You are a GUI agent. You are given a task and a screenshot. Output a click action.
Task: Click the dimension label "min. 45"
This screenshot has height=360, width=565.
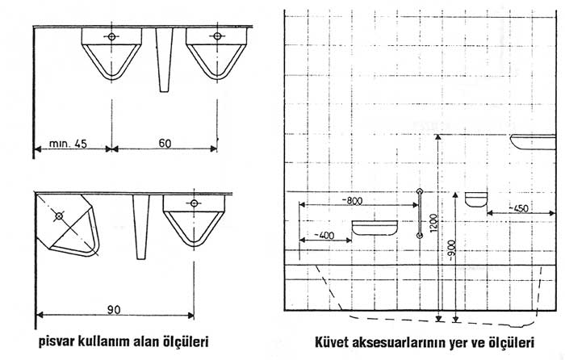pos(68,144)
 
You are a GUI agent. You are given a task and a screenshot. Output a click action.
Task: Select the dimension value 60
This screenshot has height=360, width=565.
pos(165,143)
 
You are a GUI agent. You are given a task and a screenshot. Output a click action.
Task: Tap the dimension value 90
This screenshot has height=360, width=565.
pos(114,310)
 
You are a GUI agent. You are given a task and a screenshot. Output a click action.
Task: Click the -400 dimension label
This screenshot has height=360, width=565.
pos(324,236)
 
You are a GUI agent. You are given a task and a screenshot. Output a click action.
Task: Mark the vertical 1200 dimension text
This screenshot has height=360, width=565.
pos(433,223)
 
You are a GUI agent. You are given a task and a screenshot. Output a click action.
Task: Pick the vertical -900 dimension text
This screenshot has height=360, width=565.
pos(451,250)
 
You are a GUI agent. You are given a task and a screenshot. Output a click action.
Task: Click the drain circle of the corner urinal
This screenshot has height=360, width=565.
pos(59,216)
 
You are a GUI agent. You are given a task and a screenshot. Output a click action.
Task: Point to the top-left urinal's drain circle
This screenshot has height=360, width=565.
pos(111,36)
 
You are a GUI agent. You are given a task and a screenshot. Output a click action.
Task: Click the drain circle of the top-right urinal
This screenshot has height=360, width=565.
pos(217,36)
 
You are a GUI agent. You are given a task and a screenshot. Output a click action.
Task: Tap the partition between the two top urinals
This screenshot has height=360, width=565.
pos(164,60)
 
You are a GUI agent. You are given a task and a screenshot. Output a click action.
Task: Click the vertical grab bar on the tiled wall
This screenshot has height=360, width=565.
pos(419,213)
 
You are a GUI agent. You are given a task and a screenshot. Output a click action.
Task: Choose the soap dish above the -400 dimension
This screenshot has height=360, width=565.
pos(375,228)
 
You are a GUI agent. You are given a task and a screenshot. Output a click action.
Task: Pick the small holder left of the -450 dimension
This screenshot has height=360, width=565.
pos(476,199)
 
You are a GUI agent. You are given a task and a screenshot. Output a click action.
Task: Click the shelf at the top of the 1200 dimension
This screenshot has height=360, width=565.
pos(534,142)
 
